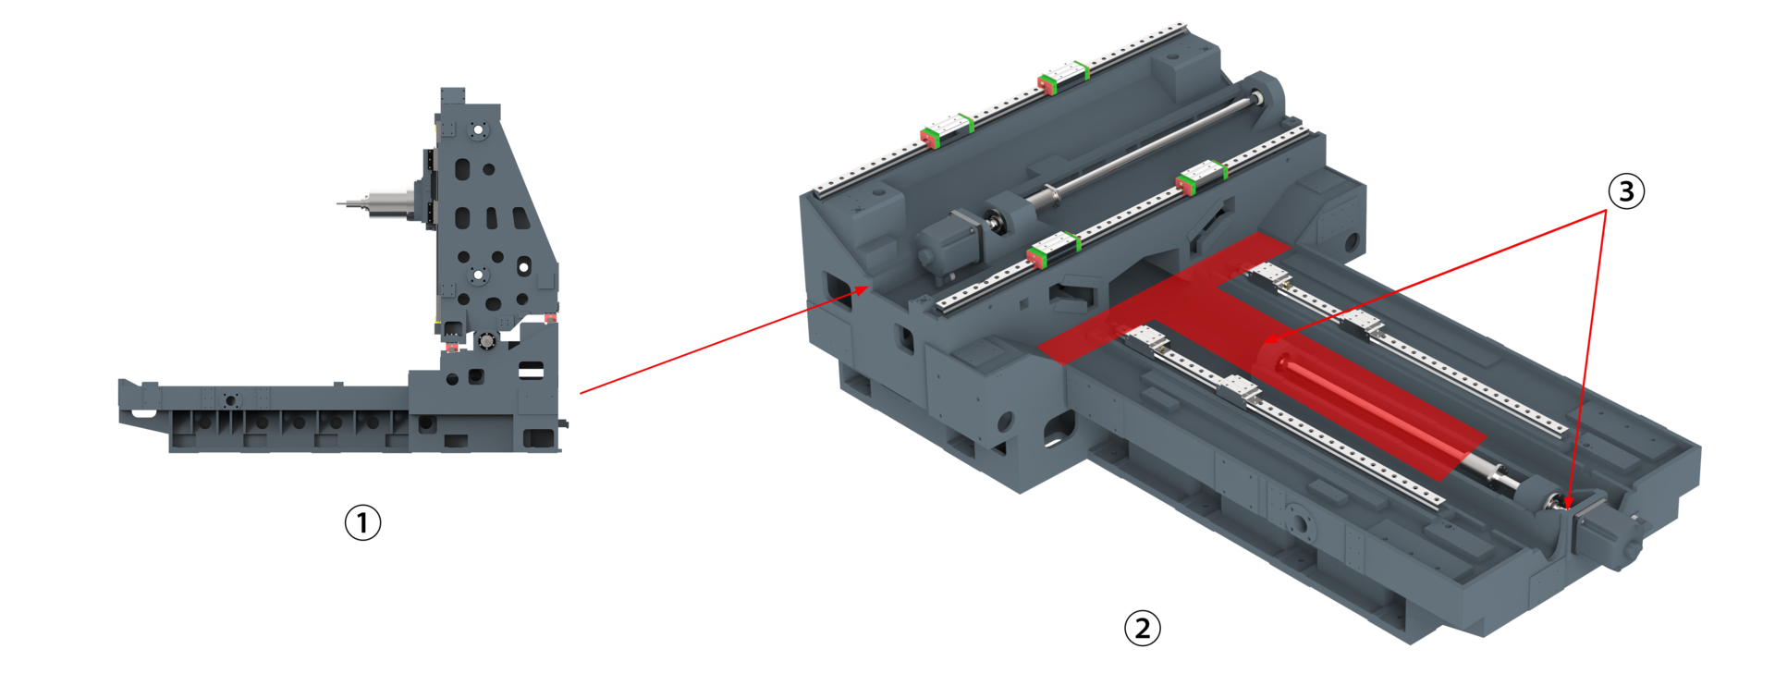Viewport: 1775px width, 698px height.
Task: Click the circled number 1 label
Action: (362, 522)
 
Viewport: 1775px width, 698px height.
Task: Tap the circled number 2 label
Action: (1142, 629)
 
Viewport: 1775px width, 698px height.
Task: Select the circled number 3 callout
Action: (1626, 191)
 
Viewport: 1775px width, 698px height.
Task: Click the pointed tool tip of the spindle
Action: (339, 203)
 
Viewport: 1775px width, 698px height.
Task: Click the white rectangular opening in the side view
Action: (531, 372)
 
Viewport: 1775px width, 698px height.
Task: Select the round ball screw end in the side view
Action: (486, 341)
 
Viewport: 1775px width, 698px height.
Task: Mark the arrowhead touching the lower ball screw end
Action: (1568, 502)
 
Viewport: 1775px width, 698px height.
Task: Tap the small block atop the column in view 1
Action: (452, 97)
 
